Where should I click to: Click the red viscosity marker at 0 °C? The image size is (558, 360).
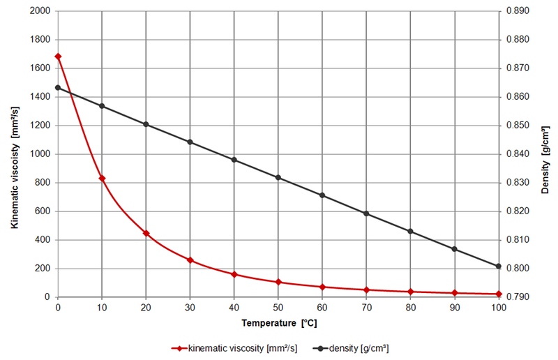pos(58,57)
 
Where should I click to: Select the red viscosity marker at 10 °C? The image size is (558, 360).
pos(102,179)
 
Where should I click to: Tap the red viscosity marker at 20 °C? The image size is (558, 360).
pos(146,233)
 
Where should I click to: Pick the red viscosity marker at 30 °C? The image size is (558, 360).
pos(190,260)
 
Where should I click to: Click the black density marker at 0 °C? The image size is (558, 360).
pos(58,88)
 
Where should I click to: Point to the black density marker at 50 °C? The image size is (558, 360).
pos(278,178)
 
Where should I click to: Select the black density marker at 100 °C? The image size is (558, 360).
pos(498,266)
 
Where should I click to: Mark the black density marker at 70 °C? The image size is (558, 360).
pos(366,213)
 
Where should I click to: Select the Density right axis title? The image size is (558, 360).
pos(545,154)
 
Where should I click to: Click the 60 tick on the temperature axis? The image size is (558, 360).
pos(322,307)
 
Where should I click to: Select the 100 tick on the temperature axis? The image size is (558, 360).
pos(498,307)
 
